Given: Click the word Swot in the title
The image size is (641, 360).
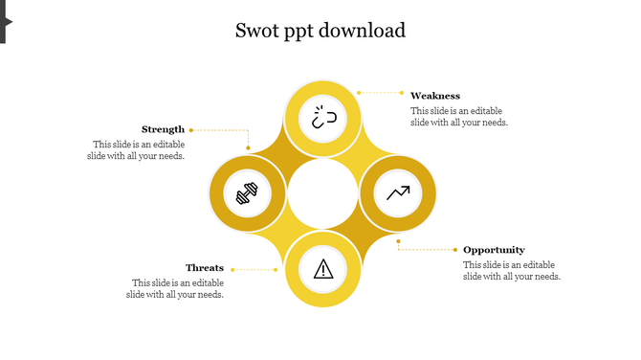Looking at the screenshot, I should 255,31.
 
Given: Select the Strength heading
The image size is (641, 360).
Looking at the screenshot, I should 163,129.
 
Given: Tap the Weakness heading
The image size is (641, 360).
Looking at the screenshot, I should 435,96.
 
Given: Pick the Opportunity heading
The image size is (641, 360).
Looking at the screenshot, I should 494,250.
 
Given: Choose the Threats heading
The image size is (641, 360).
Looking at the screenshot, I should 205,268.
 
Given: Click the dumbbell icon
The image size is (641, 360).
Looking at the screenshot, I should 248,194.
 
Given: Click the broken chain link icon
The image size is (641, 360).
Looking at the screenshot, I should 323,119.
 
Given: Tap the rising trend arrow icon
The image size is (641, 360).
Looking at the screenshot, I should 398,193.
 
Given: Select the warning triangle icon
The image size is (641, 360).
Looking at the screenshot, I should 323,269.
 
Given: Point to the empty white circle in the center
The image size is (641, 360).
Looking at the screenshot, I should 322,193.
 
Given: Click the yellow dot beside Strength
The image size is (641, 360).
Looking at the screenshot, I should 191,129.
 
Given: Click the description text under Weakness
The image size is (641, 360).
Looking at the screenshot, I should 459,117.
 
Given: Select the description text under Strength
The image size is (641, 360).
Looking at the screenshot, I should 137,150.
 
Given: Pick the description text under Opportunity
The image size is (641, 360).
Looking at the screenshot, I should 511,271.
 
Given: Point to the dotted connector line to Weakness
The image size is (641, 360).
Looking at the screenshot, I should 383,93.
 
